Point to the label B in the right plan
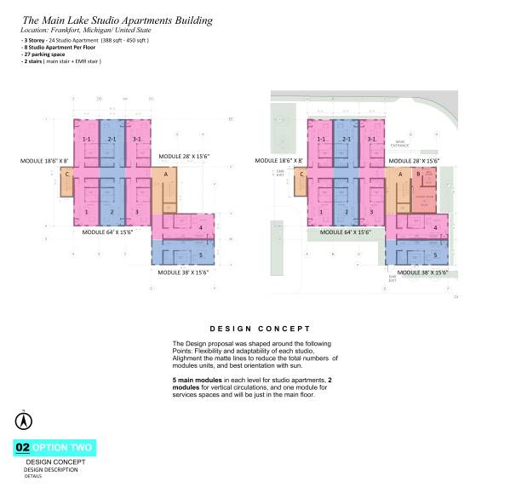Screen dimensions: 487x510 [x=418, y=175]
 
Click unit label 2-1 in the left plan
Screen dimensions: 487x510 [x=111, y=139]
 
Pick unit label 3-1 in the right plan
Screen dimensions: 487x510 [x=370, y=139]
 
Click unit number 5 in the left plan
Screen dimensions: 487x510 [x=199, y=255]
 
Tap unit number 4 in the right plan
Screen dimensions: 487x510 [x=435, y=227]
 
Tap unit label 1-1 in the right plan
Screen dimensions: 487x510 [x=320, y=139]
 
